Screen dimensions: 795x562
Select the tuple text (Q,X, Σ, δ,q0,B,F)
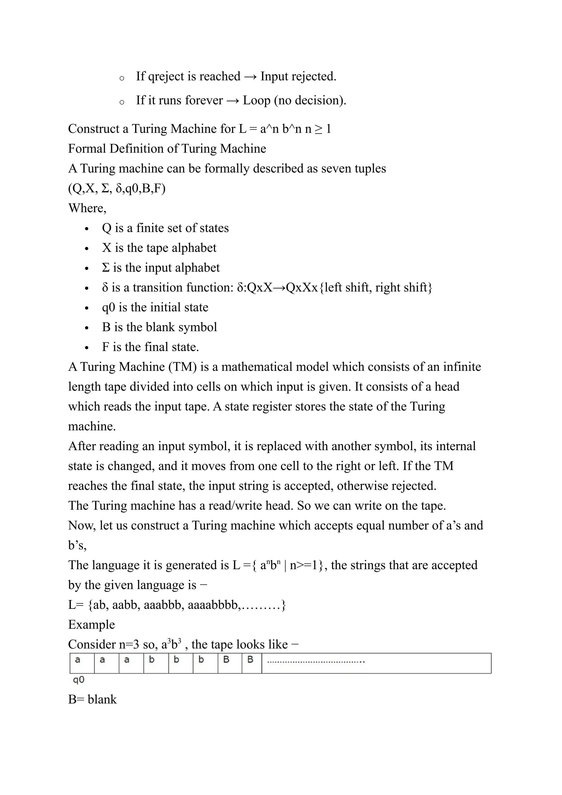(117, 188)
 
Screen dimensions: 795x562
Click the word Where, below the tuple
(87, 208)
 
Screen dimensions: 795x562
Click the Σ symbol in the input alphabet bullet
(106, 268)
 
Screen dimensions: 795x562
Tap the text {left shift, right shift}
(375, 287)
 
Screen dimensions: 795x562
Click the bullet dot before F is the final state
(87, 348)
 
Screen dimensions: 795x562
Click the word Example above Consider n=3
(91, 625)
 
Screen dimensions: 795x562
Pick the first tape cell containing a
(82, 663)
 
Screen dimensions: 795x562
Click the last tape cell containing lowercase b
(205, 663)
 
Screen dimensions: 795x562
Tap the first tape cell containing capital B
(230, 663)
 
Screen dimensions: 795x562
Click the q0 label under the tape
(78, 680)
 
